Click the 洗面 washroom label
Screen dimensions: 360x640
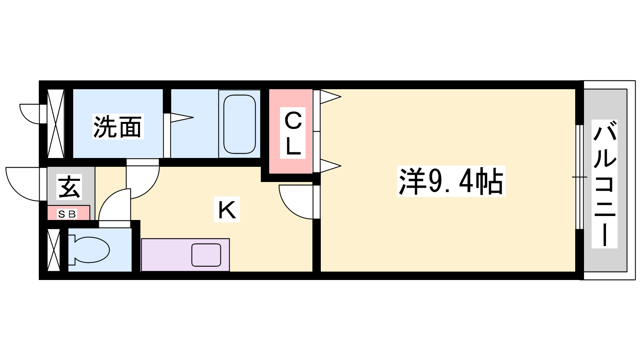(118, 127)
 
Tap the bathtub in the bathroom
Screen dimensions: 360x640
(239, 124)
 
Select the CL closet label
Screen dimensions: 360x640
(293, 134)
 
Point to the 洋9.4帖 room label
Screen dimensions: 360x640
(451, 181)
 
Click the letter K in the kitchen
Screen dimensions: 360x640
(227, 209)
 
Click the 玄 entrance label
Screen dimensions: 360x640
(70, 187)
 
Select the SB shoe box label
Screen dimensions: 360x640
(67, 214)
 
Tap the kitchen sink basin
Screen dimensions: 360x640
(206, 255)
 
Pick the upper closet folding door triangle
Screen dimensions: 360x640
(330, 96)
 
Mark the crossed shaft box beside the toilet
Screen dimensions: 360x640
(54, 250)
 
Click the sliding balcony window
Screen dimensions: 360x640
(579, 177)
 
